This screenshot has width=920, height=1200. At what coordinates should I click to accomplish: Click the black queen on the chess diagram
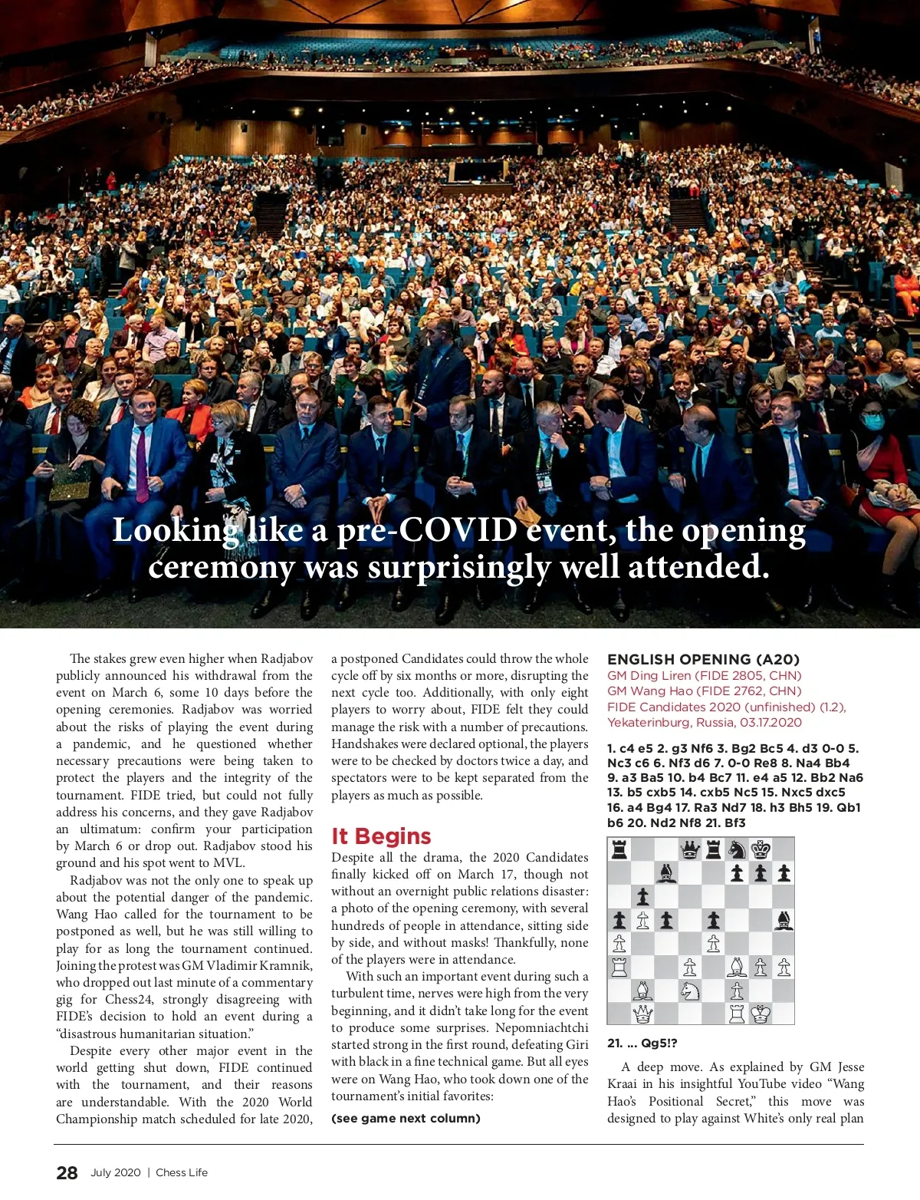click(690, 849)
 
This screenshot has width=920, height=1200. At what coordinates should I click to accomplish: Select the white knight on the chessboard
click(690, 991)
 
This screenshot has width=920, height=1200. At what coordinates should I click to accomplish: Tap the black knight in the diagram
click(737, 849)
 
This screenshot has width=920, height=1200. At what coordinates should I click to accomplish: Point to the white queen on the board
click(642, 1014)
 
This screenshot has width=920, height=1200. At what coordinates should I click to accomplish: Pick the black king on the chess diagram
click(761, 849)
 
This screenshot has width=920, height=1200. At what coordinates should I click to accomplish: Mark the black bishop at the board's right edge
click(784, 920)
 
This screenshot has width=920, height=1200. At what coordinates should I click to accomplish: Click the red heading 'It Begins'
click(381, 836)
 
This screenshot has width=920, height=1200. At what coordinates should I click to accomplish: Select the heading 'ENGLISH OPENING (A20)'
click(703, 659)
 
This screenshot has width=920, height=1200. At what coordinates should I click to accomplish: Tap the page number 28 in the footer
click(67, 1172)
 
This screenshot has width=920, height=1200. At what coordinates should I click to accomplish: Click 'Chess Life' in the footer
click(182, 1172)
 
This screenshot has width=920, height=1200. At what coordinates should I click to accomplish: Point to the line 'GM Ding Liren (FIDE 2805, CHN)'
click(704, 676)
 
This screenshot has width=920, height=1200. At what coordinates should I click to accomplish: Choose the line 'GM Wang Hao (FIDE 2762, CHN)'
click(704, 691)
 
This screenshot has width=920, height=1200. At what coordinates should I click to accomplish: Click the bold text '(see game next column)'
click(406, 1119)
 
